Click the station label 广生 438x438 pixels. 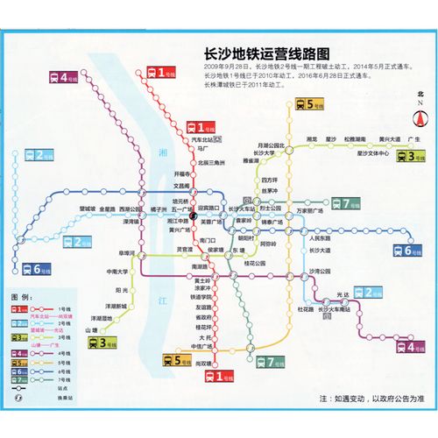(x=415, y=139)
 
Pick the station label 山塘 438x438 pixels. (x=90, y=329)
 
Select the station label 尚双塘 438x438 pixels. (x=203, y=363)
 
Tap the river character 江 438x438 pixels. (x=161, y=300)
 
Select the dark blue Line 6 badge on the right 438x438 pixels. (x=407, y=251)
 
